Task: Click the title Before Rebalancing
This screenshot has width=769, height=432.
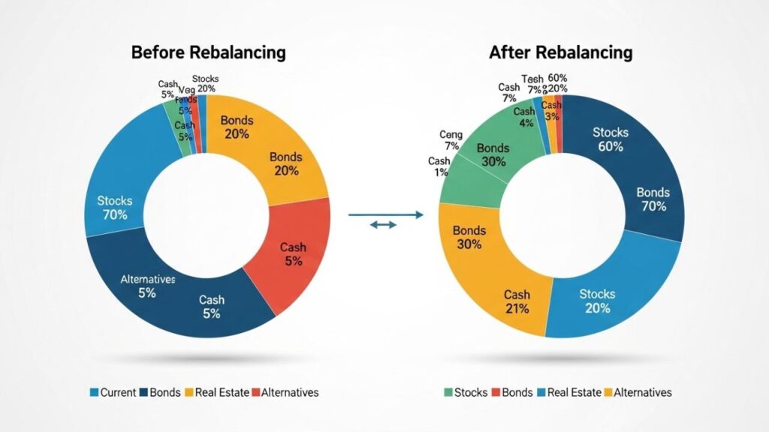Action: pos(208,52)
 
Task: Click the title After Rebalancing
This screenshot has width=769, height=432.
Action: pos(560,52)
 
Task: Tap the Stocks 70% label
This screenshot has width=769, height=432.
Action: pos(115,208)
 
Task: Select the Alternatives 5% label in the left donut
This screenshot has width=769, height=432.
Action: pos(147,286)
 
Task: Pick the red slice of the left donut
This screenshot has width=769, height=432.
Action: pos(297,255)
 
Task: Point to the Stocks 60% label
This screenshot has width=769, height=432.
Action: pos(610,139)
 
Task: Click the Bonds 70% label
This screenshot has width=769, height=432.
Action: pos(652,199)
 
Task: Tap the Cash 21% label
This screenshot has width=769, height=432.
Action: pos(517,301)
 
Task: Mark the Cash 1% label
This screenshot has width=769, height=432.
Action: pos(439,166)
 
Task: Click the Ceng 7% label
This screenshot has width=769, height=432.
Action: pos(451,139)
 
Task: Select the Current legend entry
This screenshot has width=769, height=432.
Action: pos(113,392)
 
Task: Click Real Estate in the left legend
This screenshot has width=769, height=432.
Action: pos(220,392)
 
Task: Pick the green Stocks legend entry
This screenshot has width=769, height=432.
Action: pos(466,392)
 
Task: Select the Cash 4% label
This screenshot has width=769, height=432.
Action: pos(524,117)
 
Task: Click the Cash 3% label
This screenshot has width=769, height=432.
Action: pos(551,111)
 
